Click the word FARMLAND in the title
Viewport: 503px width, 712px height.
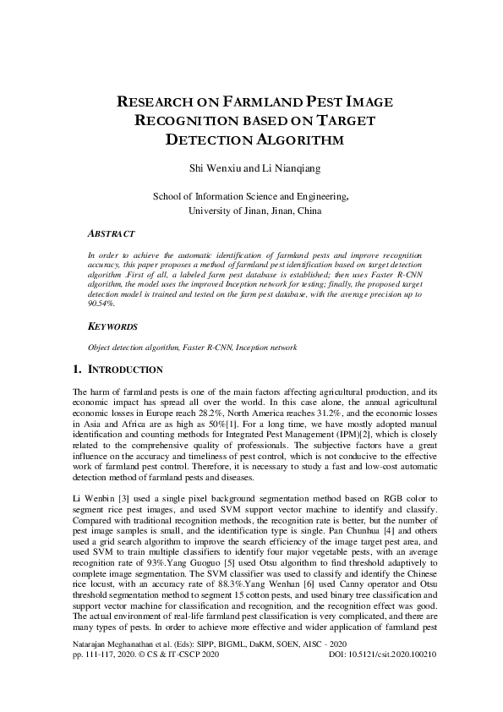(257, 102)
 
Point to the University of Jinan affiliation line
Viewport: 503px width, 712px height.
(251, 211)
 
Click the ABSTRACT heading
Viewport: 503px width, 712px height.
(112, 232)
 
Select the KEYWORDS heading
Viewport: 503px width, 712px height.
(113, 326)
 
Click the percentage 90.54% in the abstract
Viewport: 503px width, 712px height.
(102, 303)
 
